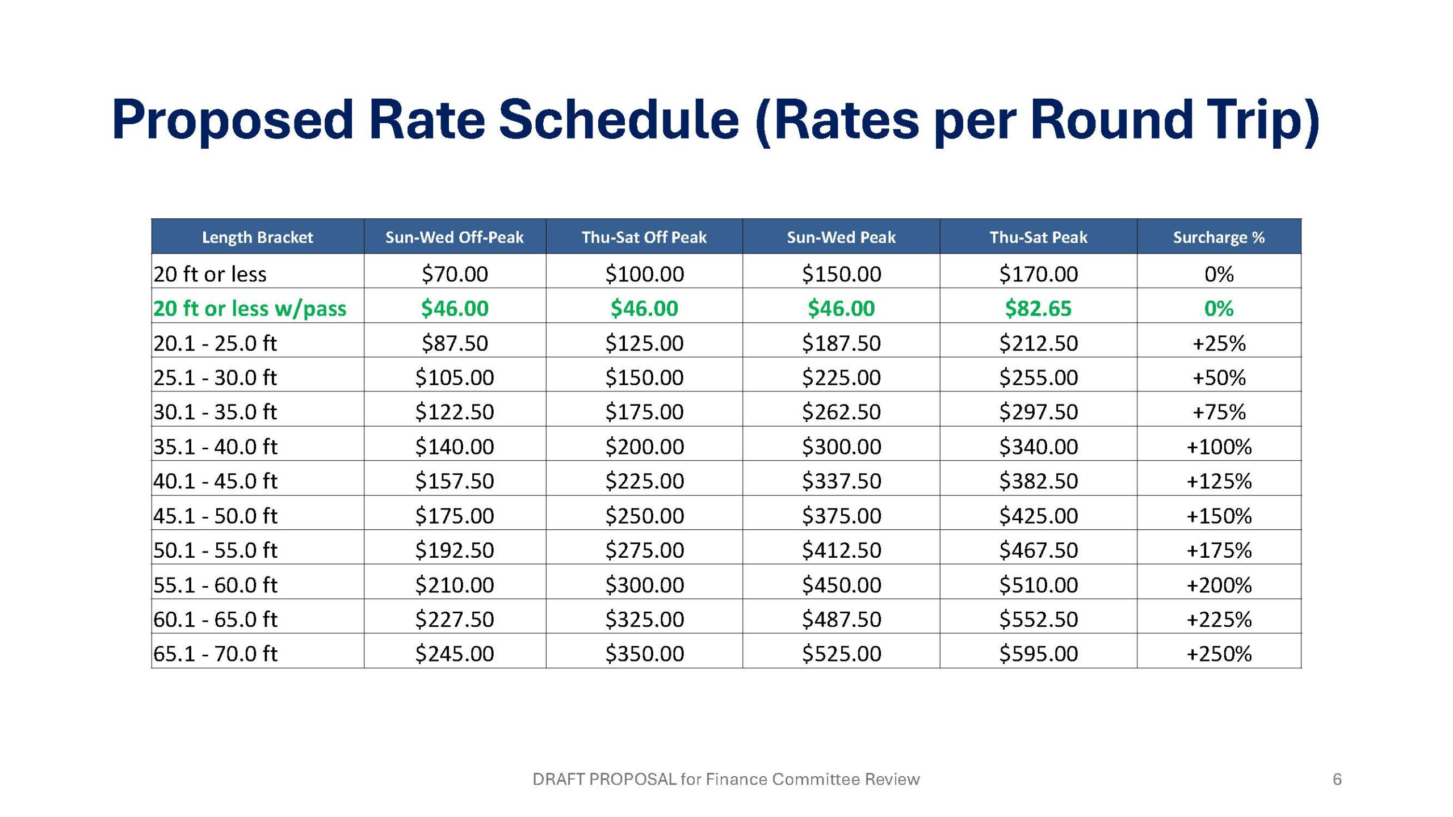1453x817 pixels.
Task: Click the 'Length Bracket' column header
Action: coord(257,237)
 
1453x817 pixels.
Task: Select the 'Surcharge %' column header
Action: coord(1219,237)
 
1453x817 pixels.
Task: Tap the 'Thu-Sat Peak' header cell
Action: coord(1038,237)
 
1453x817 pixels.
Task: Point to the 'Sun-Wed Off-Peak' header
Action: coord(454,237)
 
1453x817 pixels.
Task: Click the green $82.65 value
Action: coord(1038,309)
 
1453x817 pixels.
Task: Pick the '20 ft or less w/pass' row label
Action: coord(250,309)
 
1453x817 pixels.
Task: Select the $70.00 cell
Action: coord(455,274)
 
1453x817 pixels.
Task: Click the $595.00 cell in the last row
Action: coord(1038,654)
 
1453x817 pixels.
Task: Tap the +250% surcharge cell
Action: coord(1219,654)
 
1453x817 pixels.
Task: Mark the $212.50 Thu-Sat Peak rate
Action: coord(1038,343)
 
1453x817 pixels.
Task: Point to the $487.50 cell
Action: coord(841,619)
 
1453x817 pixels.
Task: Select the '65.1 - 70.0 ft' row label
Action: coord(215,654)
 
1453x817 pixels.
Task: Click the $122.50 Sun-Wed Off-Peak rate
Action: coord(455,412)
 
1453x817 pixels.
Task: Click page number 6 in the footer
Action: coord(1337,780)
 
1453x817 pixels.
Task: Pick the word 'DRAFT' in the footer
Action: coord(558,780)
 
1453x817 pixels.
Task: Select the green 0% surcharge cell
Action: coord(1219,309)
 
